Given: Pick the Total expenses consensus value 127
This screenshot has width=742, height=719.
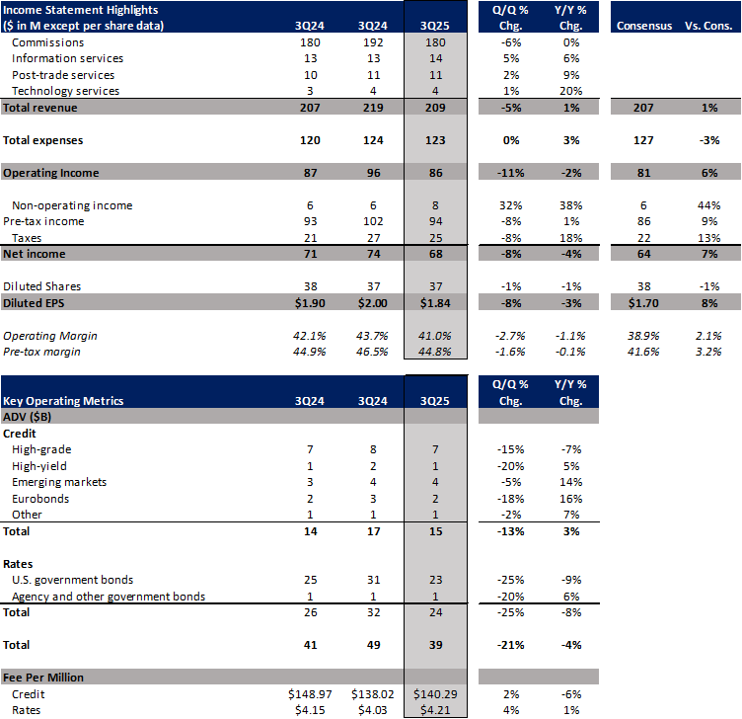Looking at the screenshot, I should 643,140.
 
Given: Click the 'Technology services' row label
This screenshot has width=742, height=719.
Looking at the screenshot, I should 65,91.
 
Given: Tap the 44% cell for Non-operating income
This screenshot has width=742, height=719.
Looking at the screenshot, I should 708,205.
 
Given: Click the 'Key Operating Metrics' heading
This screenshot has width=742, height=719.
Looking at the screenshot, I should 66,401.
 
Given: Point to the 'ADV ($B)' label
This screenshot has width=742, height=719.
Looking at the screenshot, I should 31,418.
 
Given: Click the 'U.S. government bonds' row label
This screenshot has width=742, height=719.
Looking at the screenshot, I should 72,579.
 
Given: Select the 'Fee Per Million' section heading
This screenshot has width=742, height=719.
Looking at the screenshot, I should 43,677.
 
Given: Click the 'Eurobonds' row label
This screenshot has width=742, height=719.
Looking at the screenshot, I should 42,499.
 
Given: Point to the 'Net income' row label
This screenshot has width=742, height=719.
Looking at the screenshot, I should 35,254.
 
